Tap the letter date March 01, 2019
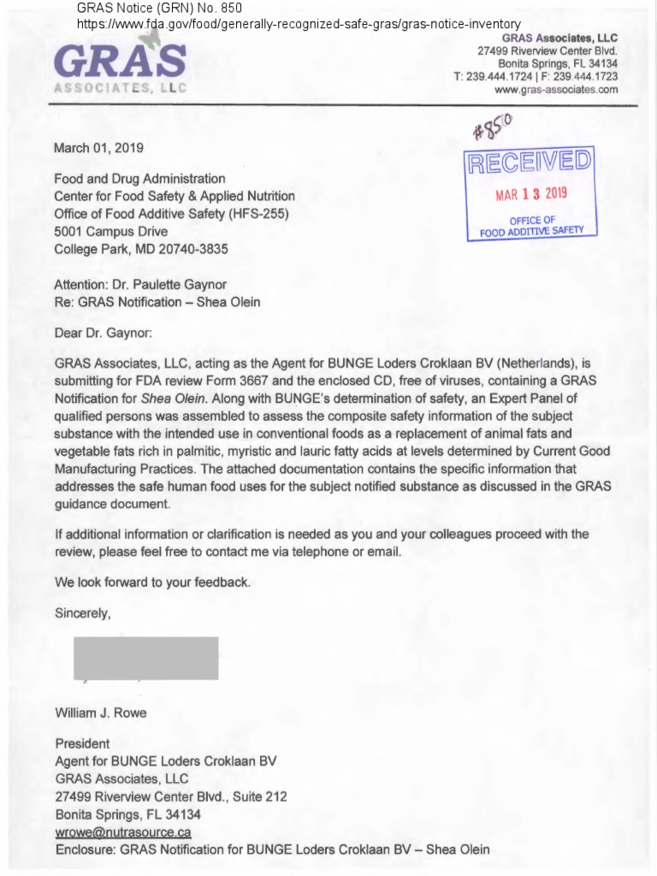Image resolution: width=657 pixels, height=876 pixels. click(x=98, y=148)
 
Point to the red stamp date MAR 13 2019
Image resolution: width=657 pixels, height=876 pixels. click(x=531, y=193)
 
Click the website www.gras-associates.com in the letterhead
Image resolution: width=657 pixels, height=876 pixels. click(x=556, y=89)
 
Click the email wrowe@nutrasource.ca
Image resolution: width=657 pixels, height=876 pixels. click(x=122, y=832)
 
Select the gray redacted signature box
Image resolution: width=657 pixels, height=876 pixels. click(x=145, y=658)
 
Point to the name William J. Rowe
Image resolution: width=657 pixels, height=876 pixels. click(x=100, y=713)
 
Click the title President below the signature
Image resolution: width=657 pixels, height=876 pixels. click(x=82, y=743)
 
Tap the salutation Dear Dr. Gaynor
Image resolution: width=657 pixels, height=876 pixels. click(x=103, y=333)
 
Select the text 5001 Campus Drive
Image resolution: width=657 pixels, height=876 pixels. click(x=110, y=231)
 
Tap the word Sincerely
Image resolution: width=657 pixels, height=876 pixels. click(x=82, y=613)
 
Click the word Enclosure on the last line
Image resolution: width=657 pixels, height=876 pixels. click(x=85, y=849)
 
